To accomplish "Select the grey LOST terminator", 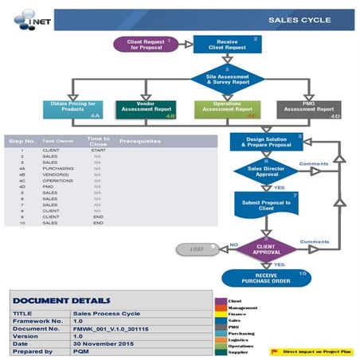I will point(197,250).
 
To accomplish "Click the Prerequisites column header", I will point(140,140).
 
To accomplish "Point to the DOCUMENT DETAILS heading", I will point(61,300).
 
